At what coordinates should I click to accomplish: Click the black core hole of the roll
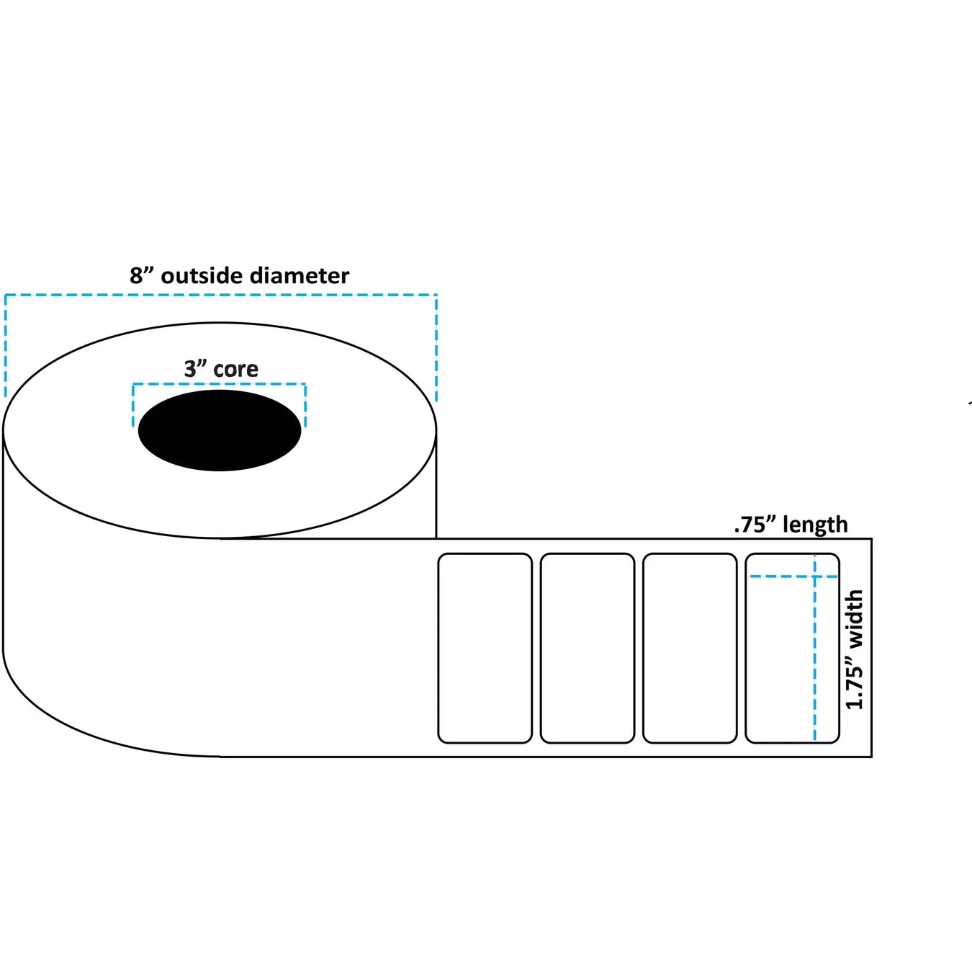point(220,430)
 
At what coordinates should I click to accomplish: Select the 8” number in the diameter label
point(142,275)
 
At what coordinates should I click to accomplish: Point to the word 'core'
point(235,369)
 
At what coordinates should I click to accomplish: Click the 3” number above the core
point(195,369)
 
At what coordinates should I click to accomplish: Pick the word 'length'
point(815,525)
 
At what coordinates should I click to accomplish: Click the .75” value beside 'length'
point(755,525)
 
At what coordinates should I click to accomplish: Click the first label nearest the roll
point(485,648)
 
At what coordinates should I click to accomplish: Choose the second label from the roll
point(587,648)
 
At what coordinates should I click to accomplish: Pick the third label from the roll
point(689,648)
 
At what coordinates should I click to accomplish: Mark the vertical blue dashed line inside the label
point(814,663)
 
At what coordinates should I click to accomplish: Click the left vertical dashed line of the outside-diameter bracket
point(5,346)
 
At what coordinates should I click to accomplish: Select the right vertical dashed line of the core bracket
point(305,406)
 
